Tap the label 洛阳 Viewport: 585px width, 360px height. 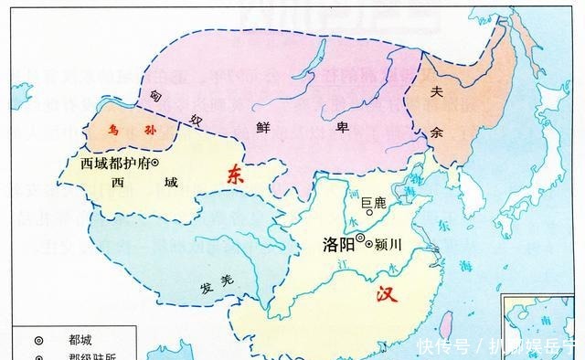point(337,244)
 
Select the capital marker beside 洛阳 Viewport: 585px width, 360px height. point(360,241)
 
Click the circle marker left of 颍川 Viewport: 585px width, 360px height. point(370,243)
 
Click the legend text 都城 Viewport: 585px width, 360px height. point(80,339)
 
